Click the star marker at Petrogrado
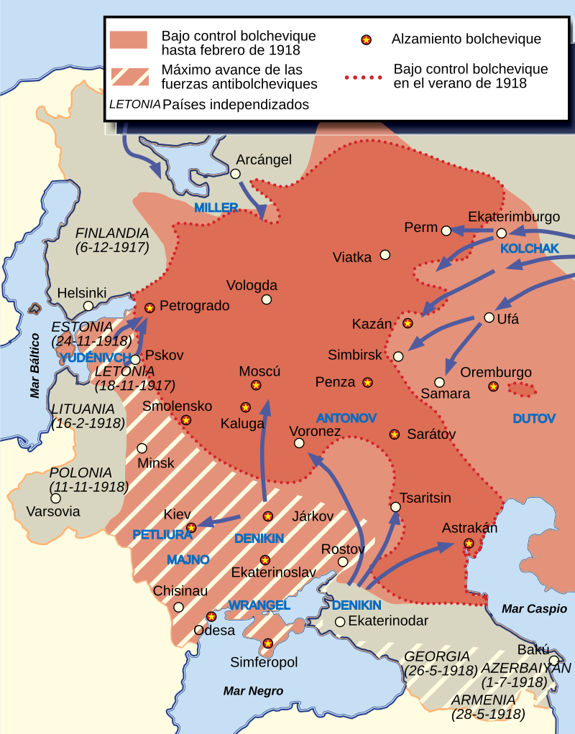pyautogui.click(x=149, y=307)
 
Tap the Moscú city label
pyautogui.click(x=259, y=371)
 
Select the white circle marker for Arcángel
pyautogui.click(x=235, y=174)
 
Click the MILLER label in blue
pyautogui.click(x=216, y=208)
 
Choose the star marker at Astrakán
pyautogui.click(x=469, y=544)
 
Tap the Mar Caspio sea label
pyautogui.click(x=534, y=609)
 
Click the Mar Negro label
pyautogui.click(x=253, y=691)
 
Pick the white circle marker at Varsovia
pyautogui.click(x=55, y=498)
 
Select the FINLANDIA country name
pyautogui.click(x=112, y=233)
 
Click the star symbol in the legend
pyautogui.click(x=365, y=39)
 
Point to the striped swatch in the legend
pyautogui.click(x=129, y=76)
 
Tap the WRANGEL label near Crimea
pyautogui.click(x=259, y=605)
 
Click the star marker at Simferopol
pyautogui.click(x=268, y=644)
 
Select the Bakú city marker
pyautogui.click(x=553, y=660)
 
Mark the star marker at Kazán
pyautogui.click(x=408, y=323)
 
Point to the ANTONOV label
pyautogui.click(x=346, y=417)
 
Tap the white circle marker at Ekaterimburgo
pyautogui.click(x=502, y=233)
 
